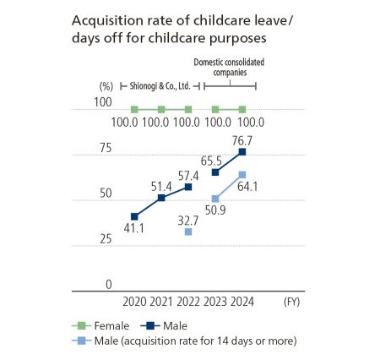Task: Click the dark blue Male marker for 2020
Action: click(134, 216)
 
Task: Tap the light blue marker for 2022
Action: click(187, 231)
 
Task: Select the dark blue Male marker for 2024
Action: click(242, 152)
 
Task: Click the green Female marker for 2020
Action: click(134, 110)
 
